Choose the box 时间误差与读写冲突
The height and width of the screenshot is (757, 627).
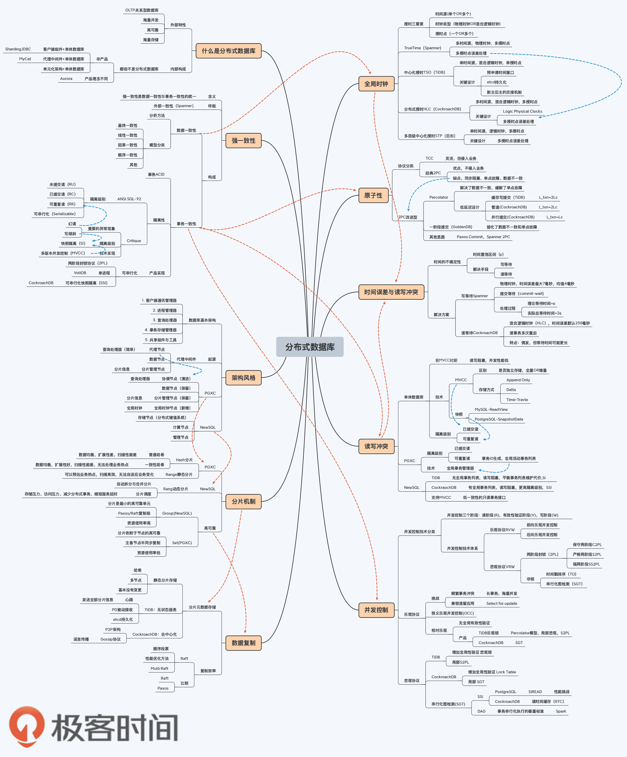click(391, 292)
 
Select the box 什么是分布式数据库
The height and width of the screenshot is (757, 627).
click(229, 51)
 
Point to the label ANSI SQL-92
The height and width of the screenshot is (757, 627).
click(129, 199)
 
